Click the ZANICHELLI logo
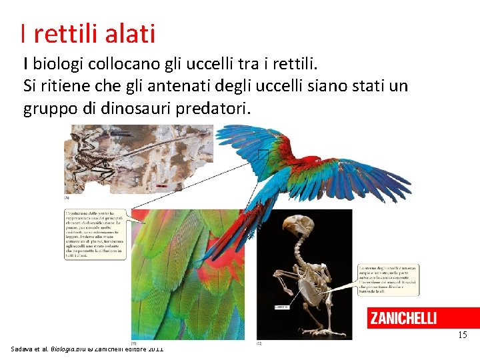[403, 318]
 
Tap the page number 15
[462, 335]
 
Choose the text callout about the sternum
[388, 279]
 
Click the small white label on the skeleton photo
[282, 307]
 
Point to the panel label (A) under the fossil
[67, 198]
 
